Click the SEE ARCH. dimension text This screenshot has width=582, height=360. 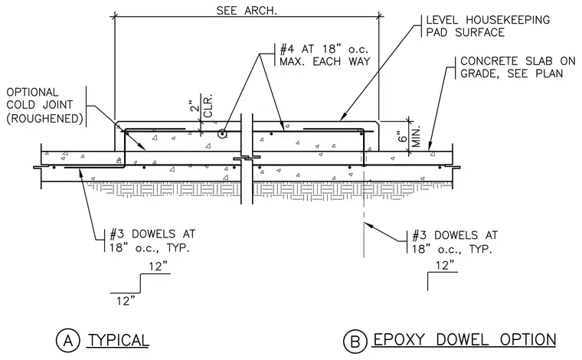click(x=247, y=11)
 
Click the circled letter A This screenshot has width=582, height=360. click(x=68, y=340)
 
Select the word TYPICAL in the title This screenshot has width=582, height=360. click(x=119, y=340)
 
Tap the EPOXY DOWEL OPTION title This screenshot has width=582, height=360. click(x=465, y=340)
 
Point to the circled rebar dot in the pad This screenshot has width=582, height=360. click(x=222, y=133)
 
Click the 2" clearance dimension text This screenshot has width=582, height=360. click(x=192, y=106)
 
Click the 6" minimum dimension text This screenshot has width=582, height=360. click(x=402, y=136)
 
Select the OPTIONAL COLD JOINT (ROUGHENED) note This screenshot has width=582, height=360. click(x=44, y=106)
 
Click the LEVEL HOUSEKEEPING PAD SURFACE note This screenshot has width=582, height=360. click(x=488, y=26)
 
